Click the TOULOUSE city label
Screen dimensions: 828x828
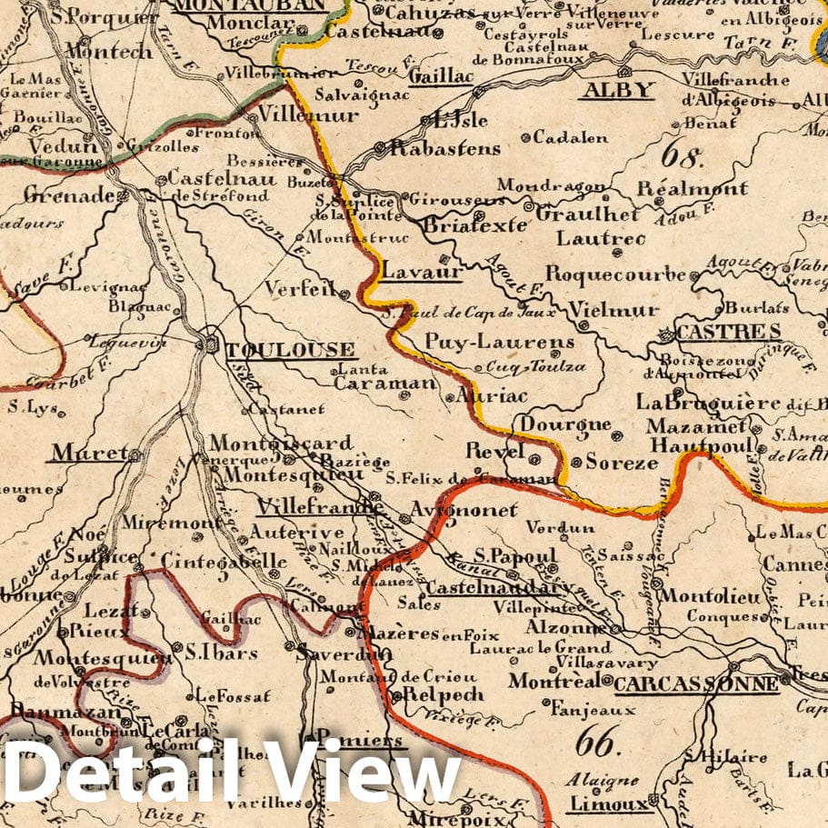coord(289,350)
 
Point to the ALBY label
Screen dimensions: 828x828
coord(618,89)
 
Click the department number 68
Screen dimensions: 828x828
coord(683,155)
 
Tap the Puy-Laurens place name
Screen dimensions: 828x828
coord(500,342)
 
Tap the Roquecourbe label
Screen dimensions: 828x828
coord(615,274)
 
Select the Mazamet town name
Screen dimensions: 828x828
coord(696,426)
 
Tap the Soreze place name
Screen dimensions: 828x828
coord(621,462)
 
